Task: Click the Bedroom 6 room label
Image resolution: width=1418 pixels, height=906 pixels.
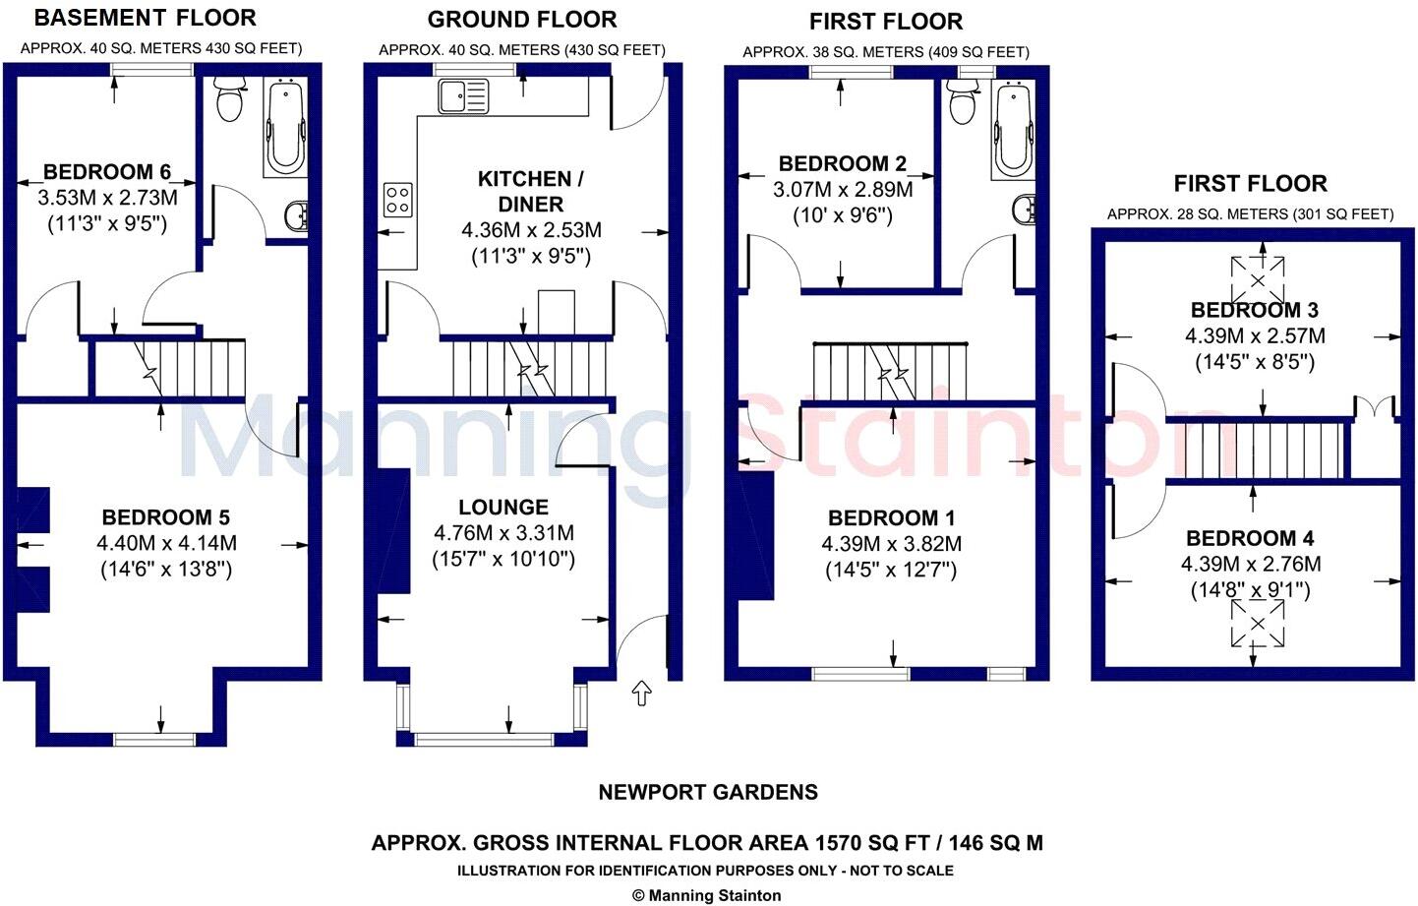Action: pos(106,171)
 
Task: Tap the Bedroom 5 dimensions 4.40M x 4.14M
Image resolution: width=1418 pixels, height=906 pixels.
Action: pos(166,543)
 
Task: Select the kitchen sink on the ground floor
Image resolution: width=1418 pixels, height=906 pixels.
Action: pos(463,96)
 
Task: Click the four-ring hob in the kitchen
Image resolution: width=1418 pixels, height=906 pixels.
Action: pos(397,199)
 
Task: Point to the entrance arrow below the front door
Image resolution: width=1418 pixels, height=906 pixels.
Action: pos(642,694)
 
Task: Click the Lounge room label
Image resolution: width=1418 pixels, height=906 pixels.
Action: pos(503,508)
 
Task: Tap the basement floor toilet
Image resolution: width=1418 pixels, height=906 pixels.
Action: pos(230,99)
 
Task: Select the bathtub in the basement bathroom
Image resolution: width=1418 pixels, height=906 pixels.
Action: pos(285,128)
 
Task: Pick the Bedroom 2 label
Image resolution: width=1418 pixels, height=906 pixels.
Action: pos(842,164)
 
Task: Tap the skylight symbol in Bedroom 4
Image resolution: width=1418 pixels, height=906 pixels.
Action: pos(1256,624)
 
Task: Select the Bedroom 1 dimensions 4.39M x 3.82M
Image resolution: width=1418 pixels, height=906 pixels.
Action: pos(891,544)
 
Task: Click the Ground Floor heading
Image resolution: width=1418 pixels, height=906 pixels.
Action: pos(521,20)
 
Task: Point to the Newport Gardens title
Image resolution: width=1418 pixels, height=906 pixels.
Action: pos(708,792)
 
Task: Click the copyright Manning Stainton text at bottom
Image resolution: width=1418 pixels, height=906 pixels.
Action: pos(707,895)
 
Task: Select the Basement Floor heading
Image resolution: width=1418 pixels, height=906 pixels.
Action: pos(146,18)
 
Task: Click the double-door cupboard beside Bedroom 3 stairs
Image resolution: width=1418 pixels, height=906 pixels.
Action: pos(1374,408)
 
